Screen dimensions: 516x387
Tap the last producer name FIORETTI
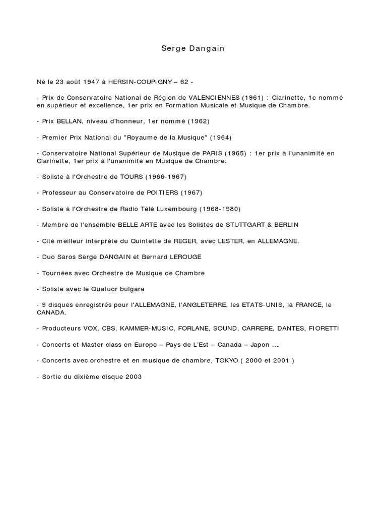point(321,329)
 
